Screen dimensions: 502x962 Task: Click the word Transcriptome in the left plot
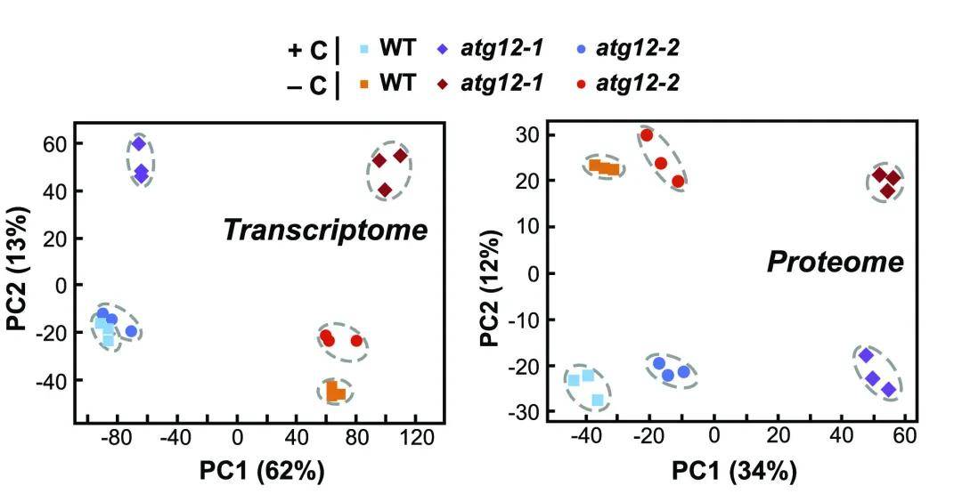[x=325, y=231]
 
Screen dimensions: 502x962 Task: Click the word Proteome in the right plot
[x=835, y=262]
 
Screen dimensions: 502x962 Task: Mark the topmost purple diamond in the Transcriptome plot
[x=139, y=143]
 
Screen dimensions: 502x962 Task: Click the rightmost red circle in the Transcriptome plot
[x=356, y=341]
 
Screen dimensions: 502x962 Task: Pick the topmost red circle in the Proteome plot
[x=647, y=135]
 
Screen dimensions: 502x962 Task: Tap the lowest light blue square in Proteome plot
[x=597, y=401]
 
